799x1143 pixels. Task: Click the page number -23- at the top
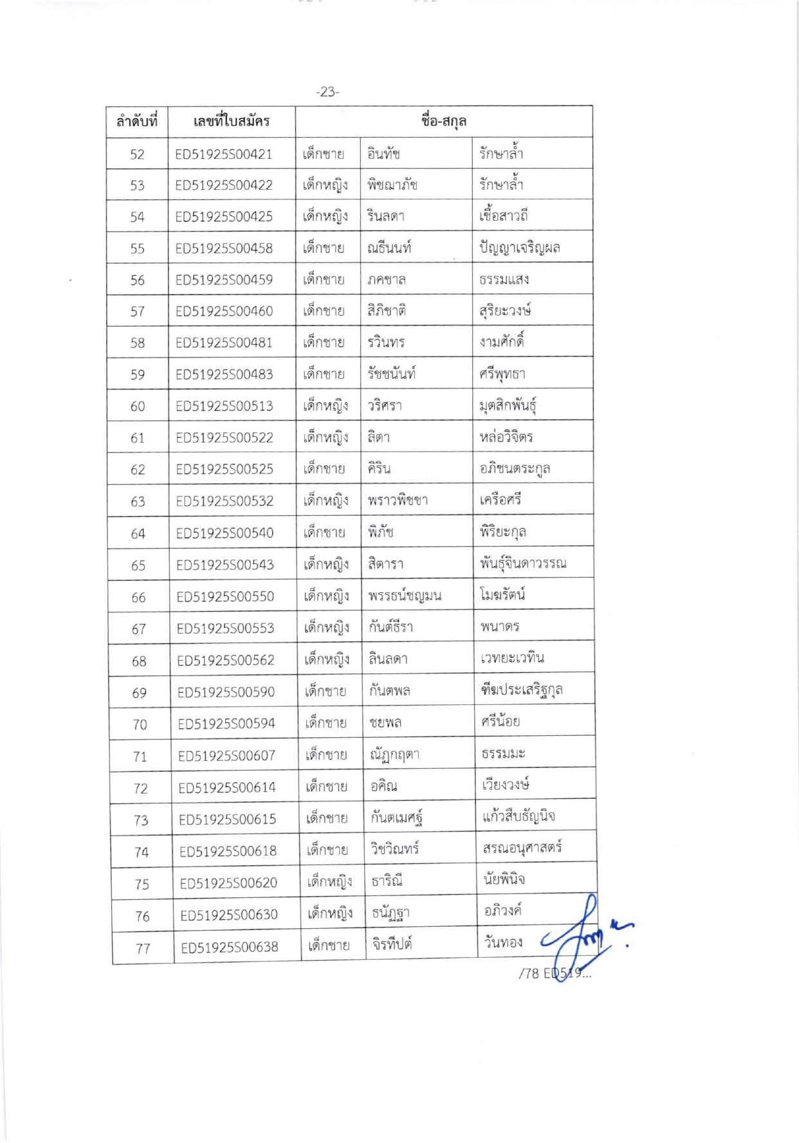click(327, 92)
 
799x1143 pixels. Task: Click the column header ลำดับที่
click(136, 121)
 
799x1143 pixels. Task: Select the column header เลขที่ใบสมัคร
click(231, 121)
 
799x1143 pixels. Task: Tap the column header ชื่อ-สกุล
click(443, 121)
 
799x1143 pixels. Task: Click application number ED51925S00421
click(224, 154)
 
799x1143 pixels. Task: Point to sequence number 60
click(138, 407)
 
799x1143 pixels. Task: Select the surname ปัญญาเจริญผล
click(519, 248)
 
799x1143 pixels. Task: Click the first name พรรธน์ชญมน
click(405, 596)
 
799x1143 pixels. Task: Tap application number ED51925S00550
click(225, 596)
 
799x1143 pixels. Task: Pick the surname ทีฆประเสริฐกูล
click(522, 690)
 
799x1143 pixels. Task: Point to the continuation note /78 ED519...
click(554, 973)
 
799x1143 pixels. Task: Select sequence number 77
click(143, 948)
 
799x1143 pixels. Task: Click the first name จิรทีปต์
click(392, 944)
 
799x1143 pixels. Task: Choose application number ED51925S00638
click(229, 947)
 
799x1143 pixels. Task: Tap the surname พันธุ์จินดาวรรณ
click(523, 564)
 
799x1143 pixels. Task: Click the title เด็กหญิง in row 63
click(326, 500)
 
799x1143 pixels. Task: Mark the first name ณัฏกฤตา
click(394, 754)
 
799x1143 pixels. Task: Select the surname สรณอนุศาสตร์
click(522, 848)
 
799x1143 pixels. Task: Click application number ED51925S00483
click(224, 374)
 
